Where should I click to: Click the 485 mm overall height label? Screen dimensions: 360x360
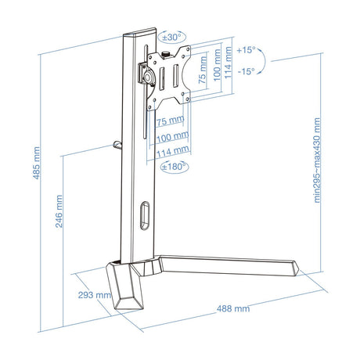(37, 163)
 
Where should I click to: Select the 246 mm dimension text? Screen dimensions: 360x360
(59, 211)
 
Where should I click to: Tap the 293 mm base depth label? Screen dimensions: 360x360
(95, 295)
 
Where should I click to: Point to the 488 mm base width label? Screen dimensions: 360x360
(233, 308)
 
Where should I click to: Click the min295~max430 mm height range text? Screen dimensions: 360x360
(317, 160)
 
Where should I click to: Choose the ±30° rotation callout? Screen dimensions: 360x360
(171, 38)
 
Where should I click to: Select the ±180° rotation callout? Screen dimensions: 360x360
(175, 166)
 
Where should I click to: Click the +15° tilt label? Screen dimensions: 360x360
(246, 50)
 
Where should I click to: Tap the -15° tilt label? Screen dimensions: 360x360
(246, 71)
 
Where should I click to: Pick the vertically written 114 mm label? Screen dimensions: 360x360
(228, 63)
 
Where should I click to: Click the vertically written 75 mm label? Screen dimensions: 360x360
(203, 70)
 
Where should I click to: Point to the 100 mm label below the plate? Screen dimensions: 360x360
(172, 137)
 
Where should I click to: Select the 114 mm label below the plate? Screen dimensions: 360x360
(173, 152)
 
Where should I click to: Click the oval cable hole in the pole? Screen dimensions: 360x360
(145, 216)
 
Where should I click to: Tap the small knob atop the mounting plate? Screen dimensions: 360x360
(166, 54)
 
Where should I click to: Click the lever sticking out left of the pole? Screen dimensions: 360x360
(117, 145)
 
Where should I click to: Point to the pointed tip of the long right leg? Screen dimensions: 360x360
(299, 268)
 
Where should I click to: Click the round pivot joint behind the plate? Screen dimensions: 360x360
(149, 77)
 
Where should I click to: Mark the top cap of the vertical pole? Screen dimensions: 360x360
(139, 32)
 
